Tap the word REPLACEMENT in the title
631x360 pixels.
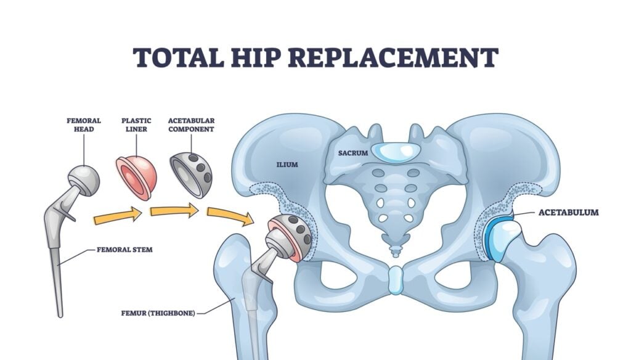pos(392,57)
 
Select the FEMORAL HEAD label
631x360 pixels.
pos(84,125)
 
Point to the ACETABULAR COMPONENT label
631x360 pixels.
pos(191,125)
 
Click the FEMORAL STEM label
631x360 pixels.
pos(124,250)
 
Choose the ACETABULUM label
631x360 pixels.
pos(569,213)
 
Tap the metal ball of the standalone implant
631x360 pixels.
pos(84,179)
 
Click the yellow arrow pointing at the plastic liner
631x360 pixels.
pos(117,216)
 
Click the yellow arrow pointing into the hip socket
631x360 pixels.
pos(230,216)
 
